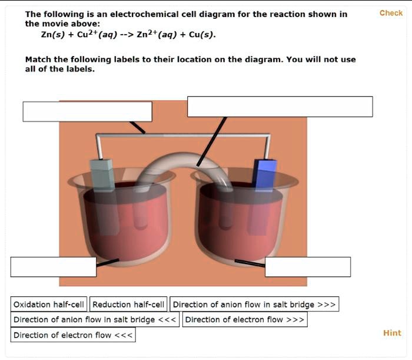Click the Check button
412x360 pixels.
click(391, 13)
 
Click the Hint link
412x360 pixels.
click(392, 333)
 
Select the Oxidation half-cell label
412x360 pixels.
click(49, 305)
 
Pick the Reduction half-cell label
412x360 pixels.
click(128, 305)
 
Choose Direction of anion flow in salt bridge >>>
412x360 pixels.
click(254, 305)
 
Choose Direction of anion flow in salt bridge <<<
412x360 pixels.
click(95, 320)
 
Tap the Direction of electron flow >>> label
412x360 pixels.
click(245, 320)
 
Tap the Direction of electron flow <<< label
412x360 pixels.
click(74, 335)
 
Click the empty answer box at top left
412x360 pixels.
click(87, 111)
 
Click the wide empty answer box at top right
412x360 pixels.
click(280, 107)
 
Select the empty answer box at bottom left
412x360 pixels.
click(53, 267)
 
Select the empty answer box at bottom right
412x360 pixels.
click(307, 267)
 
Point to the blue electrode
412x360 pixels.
click(265, 174)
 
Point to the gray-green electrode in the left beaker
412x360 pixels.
click(102, 174)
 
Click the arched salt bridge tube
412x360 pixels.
click(177, 158)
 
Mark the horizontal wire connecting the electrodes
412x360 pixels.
click(182, 137)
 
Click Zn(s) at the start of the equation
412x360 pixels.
click(51, 35)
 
